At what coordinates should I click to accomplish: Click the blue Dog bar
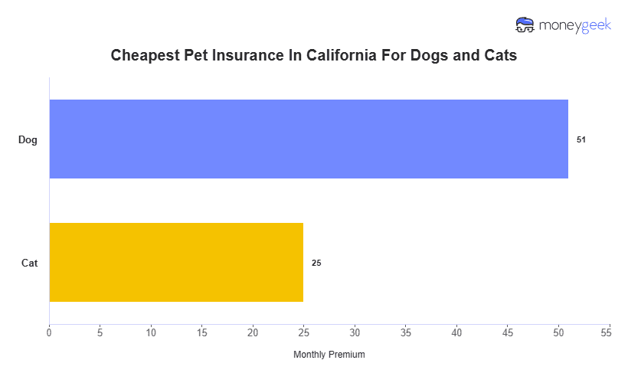(x=309, y=139)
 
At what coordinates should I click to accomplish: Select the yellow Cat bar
(x=176, y=262)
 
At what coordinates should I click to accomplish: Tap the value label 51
(x=581, y=139)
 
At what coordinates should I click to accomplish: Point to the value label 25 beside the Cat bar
(x=316, y=263)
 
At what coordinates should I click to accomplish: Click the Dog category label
(x=28, y=139)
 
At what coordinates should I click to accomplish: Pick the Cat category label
(x=30, y=263)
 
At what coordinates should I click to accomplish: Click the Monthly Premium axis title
(x=329, y=355)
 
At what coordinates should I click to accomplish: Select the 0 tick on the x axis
(x=49, y=333)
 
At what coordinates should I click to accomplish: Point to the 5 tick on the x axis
(x=100, y=333)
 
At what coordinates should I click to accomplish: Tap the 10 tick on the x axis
(x=151, y=333)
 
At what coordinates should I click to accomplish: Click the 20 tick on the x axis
(x=253, y=333)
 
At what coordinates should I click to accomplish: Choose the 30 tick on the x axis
(x=355, y=333)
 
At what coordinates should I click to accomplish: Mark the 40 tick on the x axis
(x=457, y=333)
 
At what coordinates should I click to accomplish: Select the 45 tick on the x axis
(x=508, y=333)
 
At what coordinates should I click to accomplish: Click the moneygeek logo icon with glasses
(x=525, y=25)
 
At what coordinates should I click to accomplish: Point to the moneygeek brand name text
(x=574, y=25)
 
